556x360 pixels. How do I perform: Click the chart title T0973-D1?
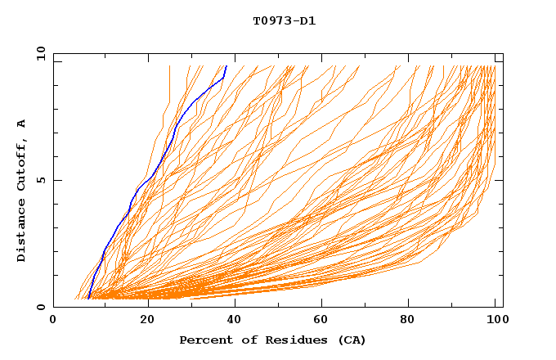284,20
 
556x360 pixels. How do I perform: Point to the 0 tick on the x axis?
53,320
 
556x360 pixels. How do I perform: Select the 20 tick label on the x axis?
147,320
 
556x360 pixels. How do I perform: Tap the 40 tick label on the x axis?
235,320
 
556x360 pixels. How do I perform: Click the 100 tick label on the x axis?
495,320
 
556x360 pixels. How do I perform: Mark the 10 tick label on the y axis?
40,53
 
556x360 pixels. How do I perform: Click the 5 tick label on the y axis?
40,180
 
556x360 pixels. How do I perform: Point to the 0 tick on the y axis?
40,307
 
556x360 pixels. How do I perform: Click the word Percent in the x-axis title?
204,340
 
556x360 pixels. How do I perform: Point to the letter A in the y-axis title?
21,124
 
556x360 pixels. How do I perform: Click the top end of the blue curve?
226,65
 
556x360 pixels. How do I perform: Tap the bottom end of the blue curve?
87,299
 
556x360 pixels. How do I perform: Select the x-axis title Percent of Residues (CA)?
273,340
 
